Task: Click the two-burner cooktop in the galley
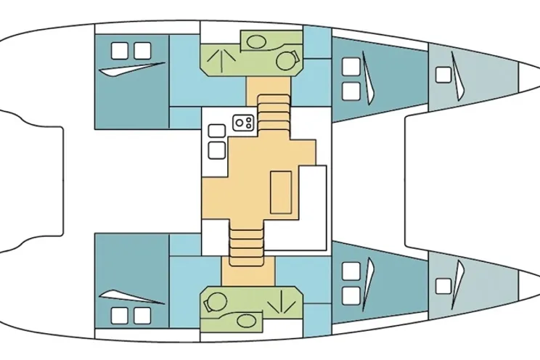pyautogui.click(x=242, y=124)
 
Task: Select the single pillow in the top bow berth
pyautogui.click(x=442, y=74)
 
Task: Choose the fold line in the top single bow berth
pyautogui.click(x=457, y=73)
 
